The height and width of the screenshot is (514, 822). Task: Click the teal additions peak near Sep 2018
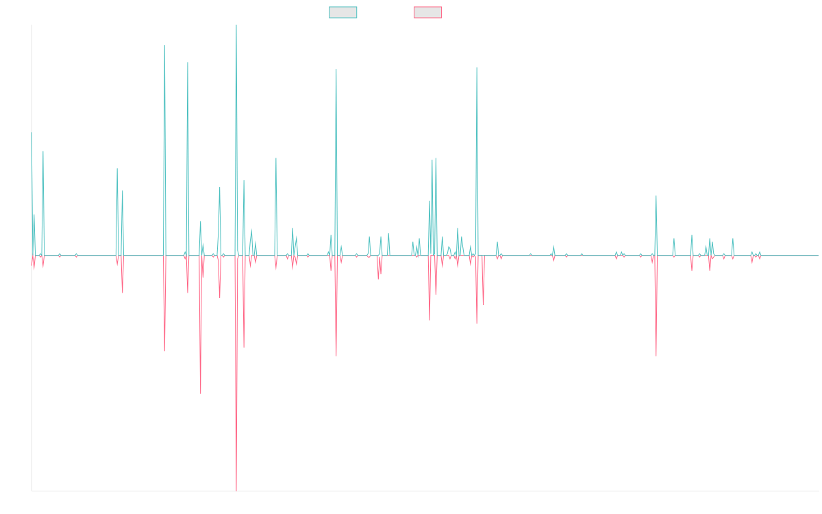pyautogui.click(x=336, y=69)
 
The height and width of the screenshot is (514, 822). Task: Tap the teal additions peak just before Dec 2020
pyautogui.click(x=477, y=67)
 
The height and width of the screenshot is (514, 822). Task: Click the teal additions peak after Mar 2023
pyautogui.click(x=656, y=196)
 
